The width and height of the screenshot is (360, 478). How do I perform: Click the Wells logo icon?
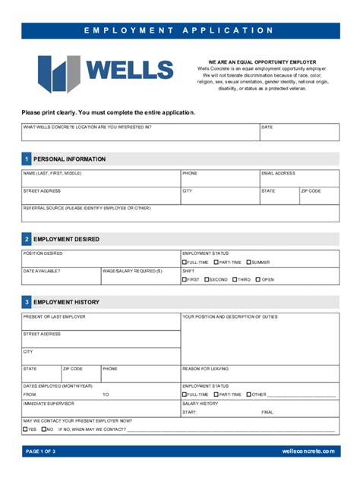click(58, 74)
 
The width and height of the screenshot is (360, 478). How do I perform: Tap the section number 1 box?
click(27, 159)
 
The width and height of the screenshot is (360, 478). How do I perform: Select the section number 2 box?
click(27, 239)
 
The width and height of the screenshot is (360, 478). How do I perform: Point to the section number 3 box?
click(27, 302)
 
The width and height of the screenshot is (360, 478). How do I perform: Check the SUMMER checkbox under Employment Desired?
click(248, 262)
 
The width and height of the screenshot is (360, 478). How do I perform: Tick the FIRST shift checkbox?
click(185, 279)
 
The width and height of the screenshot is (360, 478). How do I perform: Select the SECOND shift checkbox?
click(207, 279)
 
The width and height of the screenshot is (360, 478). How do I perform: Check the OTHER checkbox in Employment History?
click(248, 395)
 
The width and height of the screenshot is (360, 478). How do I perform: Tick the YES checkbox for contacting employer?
click(25, 429)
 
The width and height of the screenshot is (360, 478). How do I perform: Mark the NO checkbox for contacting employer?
click(43, 429)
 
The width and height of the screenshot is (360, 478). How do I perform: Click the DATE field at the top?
click(299, 134)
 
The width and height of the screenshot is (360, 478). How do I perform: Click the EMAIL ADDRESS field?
click(299, 180)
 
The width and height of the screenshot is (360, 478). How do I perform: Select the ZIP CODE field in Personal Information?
click(319, 197)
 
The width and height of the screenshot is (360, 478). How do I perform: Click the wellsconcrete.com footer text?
click(308, 451)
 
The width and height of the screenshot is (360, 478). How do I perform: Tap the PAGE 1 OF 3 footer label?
click(41, 451)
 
